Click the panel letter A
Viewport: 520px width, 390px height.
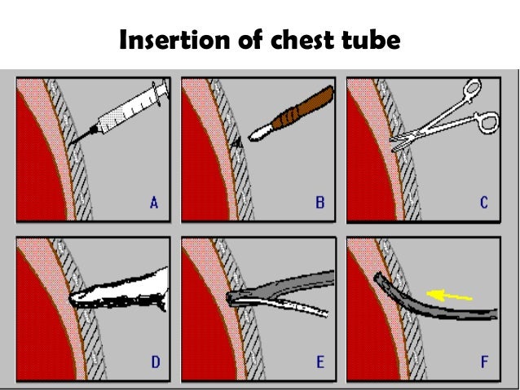click(152, 203)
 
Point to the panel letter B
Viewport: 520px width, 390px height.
click(319, 203)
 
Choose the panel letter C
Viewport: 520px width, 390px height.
click(483, 203)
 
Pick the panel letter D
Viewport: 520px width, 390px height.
click(152, 362)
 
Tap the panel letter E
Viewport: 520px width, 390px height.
click(319, 362)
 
